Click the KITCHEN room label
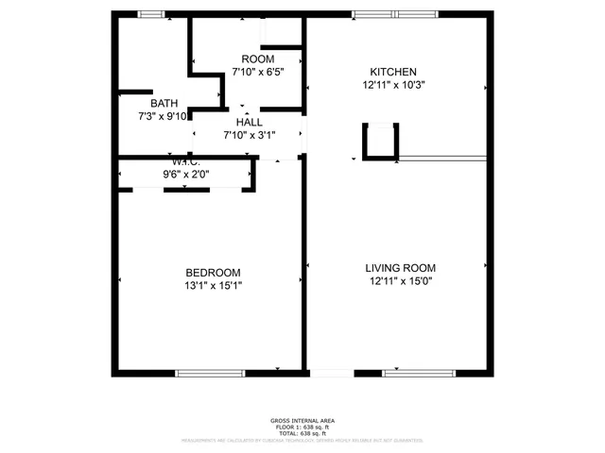(x=392, y=72)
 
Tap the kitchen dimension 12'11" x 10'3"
(x=392, y=84)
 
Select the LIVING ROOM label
(x=400, y=268)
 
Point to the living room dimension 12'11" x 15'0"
(x=400, y=282)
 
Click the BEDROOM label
(x=213, y=272)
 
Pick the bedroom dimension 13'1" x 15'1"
(x=213, y=285)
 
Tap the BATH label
(x=164, y=103)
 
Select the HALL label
(x=250, y=123)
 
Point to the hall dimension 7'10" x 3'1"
(x=250, y=135)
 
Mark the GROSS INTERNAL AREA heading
(x=302, y=420)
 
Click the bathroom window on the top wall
(x=151, y=13)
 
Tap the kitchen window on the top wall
(x=397, y=13)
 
